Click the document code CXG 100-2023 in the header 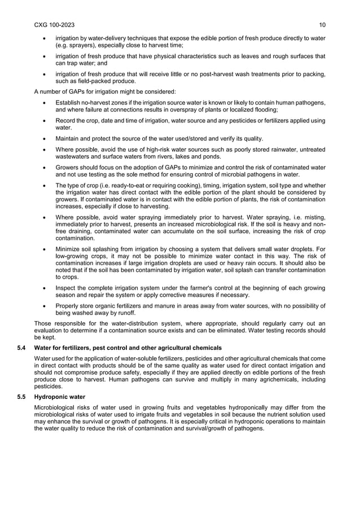coord(54,25)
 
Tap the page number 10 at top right coord(322,25)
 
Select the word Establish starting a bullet coord(68,103)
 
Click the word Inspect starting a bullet coord(65,288)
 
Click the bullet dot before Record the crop coord(44,121)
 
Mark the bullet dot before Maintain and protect coord(44,139)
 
